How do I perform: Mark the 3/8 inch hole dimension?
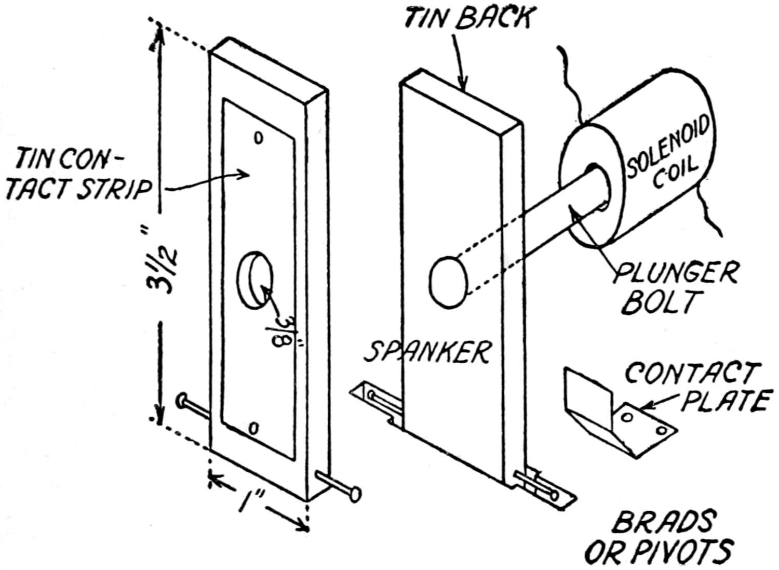[x=287, y=330]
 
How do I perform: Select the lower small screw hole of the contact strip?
[x=253, y=428]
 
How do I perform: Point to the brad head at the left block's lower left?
[x=182, y=401]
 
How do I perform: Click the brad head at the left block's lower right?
[x=355, y=493]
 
